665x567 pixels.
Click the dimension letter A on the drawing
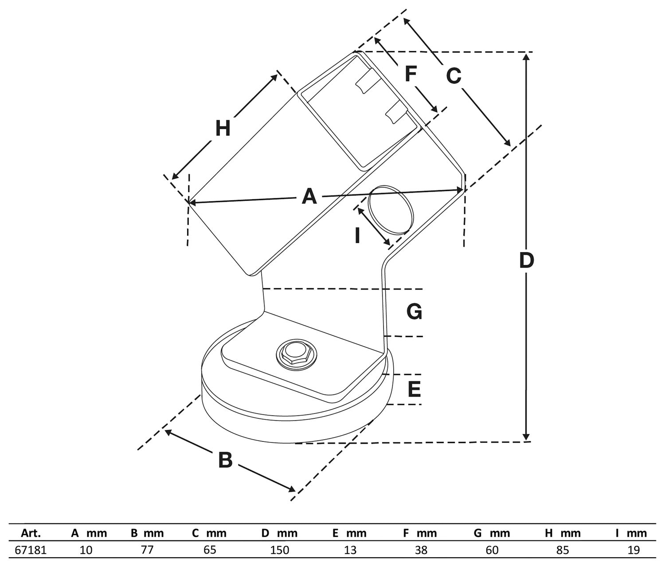[x=309, y=196]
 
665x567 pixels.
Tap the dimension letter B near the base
[x=225, y=460]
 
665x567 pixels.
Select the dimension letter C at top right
[x=453, y=76]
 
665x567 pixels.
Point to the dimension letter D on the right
[x=526, y=261]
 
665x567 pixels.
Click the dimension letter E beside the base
[x=414, y=390]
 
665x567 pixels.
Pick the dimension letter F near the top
[x=410, y=74]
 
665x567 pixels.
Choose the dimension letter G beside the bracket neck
[x=414, y=312]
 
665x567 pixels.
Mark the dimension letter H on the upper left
[x=223, y=129]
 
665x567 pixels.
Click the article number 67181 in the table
[x=31, y=550]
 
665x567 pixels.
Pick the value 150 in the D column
[x=279, y=550]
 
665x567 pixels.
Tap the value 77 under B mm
[x=147, y=550]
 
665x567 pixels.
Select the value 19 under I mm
[x=634, y=550]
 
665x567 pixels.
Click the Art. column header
[x=31, y=533]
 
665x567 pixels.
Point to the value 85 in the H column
[x=563, y=550]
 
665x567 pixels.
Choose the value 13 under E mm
[x=350, y=550]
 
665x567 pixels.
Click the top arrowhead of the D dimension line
[x=526, y=56]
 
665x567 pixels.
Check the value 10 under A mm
[x=86, y=550]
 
